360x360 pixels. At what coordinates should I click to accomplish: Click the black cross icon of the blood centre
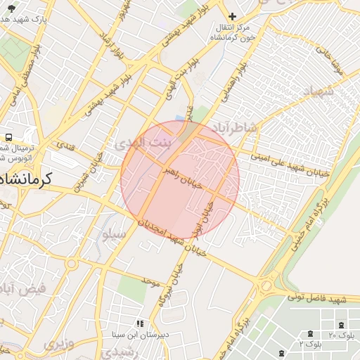(233, 15)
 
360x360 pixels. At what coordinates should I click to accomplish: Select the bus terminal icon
(9, 138)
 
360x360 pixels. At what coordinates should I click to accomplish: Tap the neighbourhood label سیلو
(115, 234)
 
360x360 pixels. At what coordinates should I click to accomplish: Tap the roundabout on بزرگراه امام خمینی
(266, 287)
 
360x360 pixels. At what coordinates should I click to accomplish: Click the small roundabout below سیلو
(71, 264)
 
